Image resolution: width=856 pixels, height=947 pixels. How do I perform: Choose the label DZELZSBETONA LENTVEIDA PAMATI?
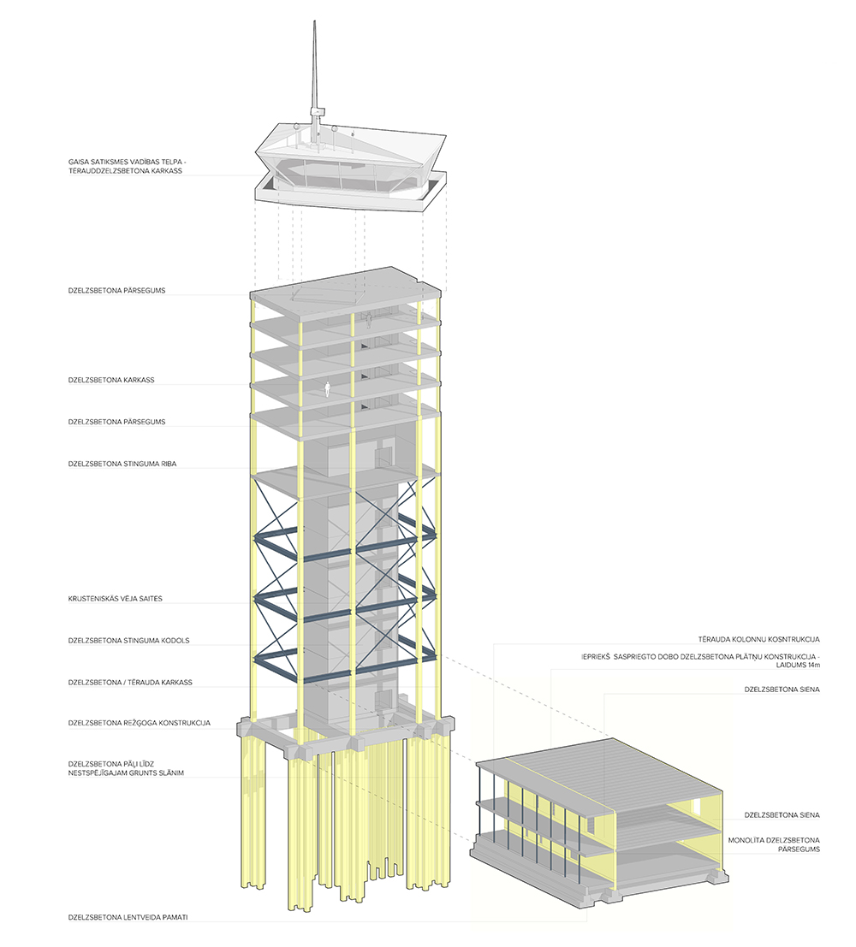pos(128,918)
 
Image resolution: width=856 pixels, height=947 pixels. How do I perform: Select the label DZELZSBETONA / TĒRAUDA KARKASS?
pos(129,682)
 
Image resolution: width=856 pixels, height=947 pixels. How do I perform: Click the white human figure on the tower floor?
pos(327,390)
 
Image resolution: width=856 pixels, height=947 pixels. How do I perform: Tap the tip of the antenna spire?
pos(313,17)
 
